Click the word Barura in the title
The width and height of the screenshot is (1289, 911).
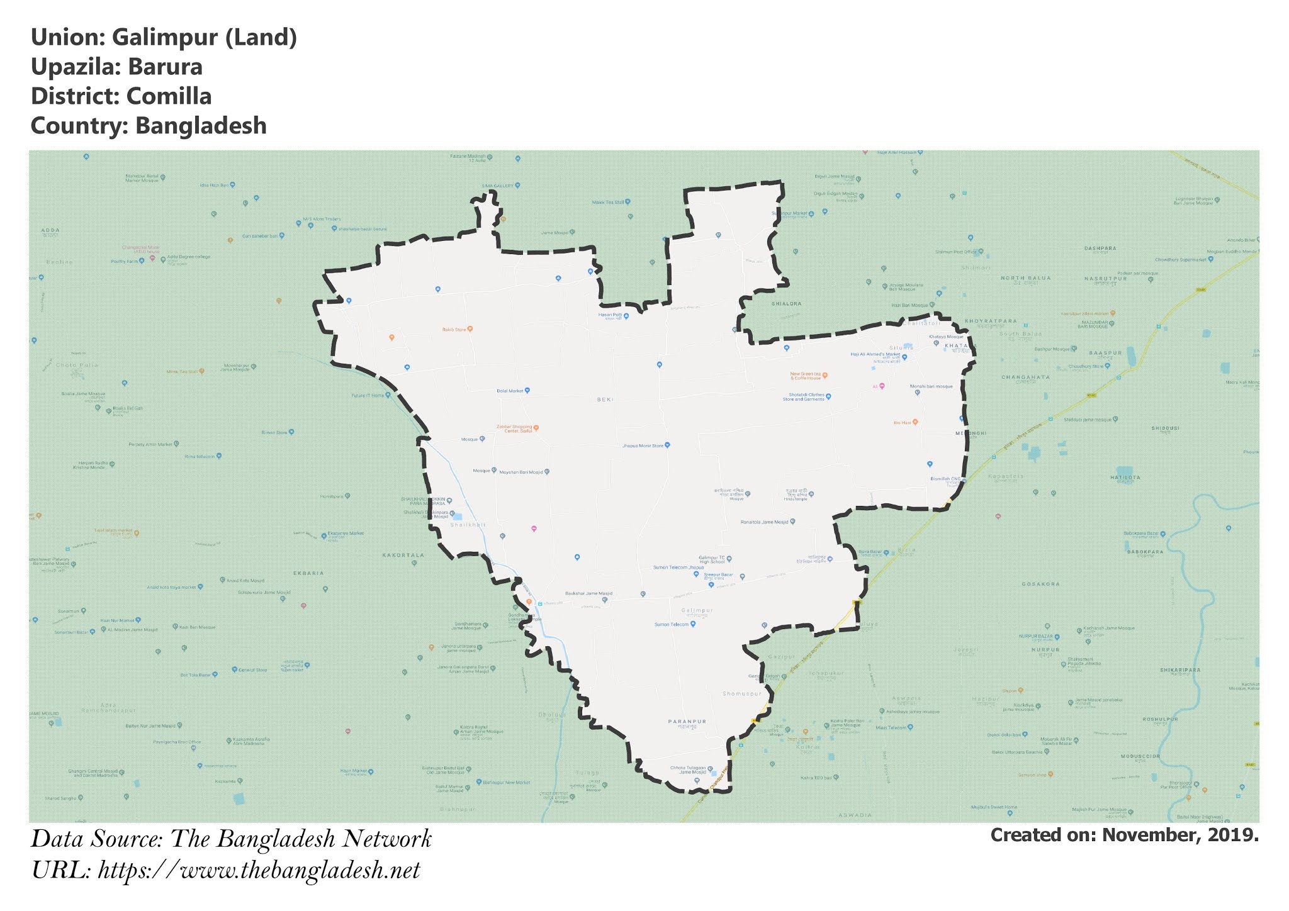[x=165, y=67]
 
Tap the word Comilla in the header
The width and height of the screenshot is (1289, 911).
[x=169, y=96]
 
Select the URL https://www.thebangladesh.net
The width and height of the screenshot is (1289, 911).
[x=259, y=870]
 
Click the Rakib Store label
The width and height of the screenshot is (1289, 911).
[x=453, y=329]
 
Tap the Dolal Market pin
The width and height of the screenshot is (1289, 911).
[x=527, y=391]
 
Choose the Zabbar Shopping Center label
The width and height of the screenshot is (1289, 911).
[x=514, y=428]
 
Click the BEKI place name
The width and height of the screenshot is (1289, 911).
[x=605, y=400]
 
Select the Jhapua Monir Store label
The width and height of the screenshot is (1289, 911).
[x=643, y=445]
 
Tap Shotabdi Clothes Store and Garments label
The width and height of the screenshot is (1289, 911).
[x=803, y=397]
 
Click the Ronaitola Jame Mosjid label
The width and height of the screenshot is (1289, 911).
[x=764, y=522]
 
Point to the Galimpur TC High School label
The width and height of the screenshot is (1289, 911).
[x=711, y=559]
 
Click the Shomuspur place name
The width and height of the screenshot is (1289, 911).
[x=742, y=693]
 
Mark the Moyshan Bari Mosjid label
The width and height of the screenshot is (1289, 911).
[x=521, y=472]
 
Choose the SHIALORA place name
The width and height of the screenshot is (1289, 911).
[x=787, y=303]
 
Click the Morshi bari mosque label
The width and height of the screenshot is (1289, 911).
[x=931, y=386]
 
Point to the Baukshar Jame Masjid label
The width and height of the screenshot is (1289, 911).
[x=588, y=593]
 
